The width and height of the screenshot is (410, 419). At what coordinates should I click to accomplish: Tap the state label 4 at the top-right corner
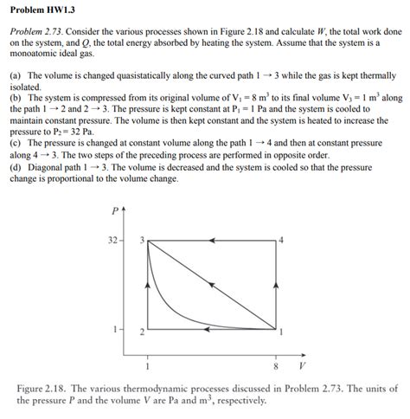282,238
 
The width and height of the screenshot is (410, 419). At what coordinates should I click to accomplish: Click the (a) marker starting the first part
16,76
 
